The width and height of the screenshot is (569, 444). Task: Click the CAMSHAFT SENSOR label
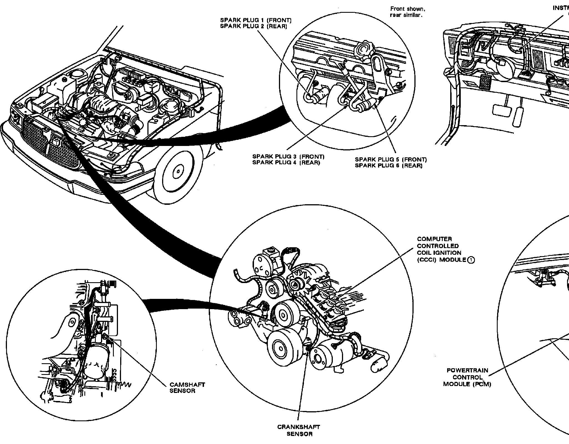point(187,388)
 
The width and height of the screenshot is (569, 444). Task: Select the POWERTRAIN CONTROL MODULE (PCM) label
point(467,377)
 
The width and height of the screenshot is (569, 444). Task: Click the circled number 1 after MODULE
point(471,260)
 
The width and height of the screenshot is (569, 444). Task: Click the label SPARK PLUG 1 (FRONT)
point(256,20)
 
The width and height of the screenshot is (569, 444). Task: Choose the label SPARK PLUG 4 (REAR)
point(286,163)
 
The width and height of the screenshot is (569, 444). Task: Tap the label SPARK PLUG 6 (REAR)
point(389,166)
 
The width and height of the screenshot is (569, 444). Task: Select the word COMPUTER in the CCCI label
point(430,239)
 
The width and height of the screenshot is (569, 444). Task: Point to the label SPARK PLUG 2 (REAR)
point(253,26)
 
